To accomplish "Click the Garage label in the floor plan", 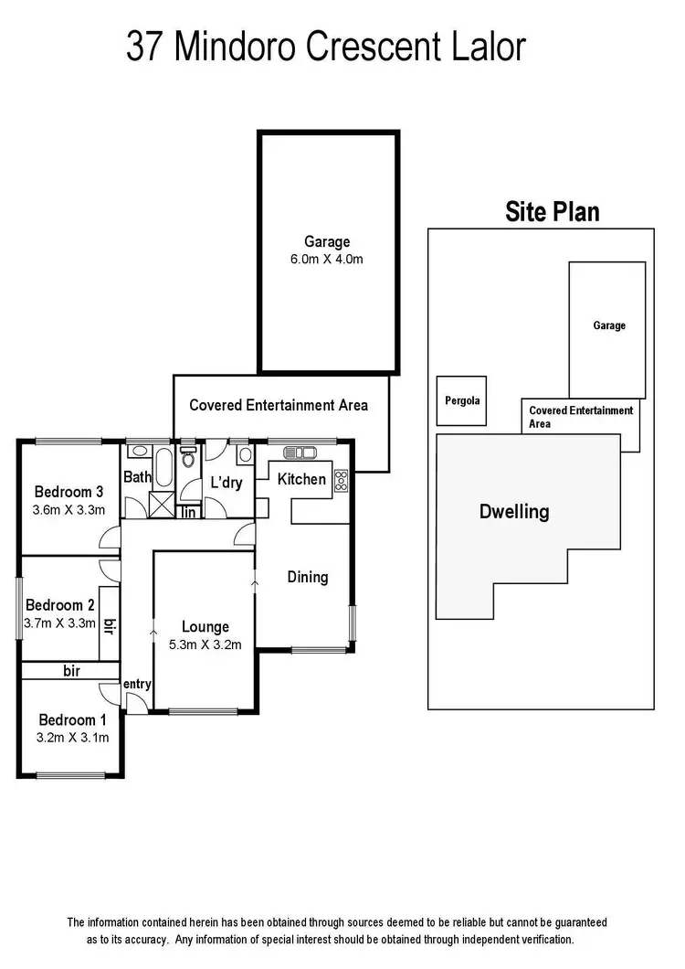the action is click(x=327, y=242).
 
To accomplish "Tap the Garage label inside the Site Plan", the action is click(x=609, y=325).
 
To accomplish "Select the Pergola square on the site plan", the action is click(x=461, y=400).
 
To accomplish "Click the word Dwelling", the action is click(x=514, y=511).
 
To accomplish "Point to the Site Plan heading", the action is click(x=553, y=212).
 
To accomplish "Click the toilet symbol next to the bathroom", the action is click(x=189, y=456).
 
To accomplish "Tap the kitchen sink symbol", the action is click(x=300, y=453).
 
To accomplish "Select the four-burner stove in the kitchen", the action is click(x=342, y=480).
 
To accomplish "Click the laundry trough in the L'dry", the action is click(x=244, y=454).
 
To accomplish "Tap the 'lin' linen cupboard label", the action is click(x=189, y=512).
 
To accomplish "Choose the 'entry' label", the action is click(x=137, y=684).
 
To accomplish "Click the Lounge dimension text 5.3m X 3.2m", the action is click(x=205, y=644).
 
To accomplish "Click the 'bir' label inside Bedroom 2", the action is click(x=110, y=626).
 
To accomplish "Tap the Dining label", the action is click(x=307, y=577).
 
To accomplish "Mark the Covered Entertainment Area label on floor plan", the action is click(x=279, y=404).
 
